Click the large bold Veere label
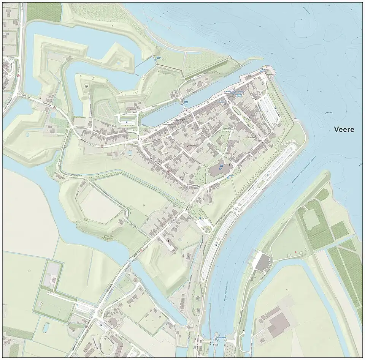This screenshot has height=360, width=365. pos(344,129)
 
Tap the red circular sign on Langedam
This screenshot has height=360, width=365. pos(54,108)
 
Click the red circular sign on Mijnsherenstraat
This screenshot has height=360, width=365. pos(102,146)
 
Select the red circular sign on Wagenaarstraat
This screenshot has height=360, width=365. pos(168,171)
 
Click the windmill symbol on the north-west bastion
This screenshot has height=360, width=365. pos(87,86)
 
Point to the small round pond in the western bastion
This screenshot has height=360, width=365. pos(27,134)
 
